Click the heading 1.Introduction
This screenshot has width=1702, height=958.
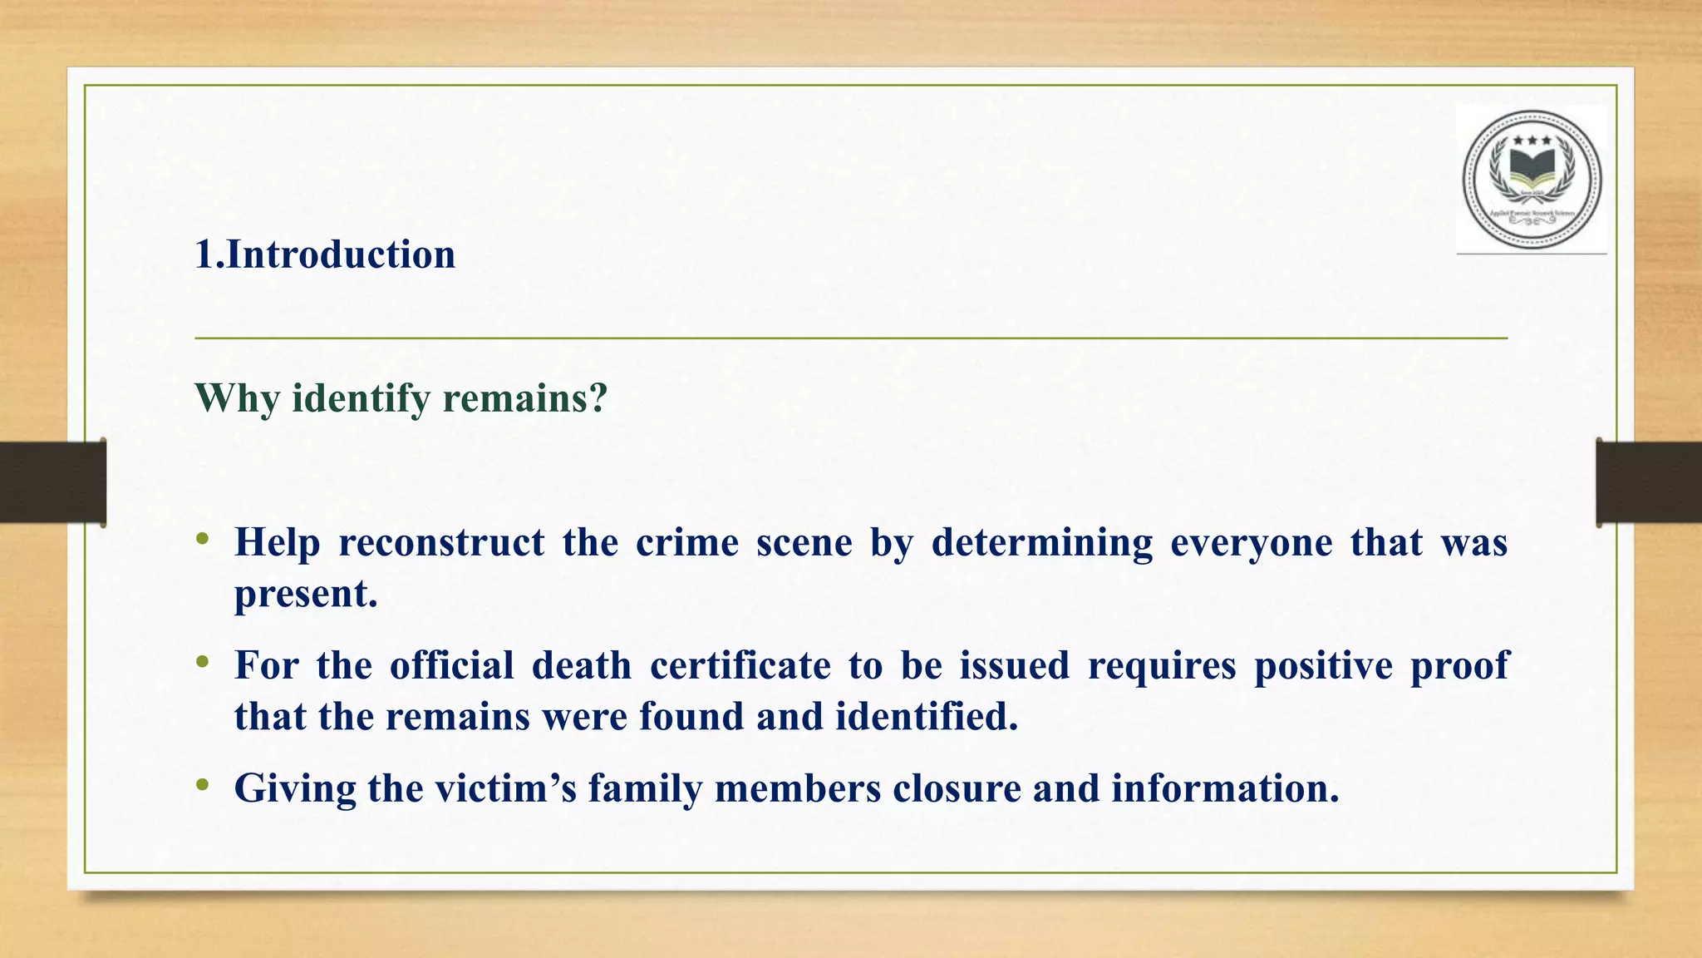325,254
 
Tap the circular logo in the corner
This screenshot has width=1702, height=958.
1532,180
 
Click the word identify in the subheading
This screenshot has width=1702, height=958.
361,398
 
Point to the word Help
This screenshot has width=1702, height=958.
278,543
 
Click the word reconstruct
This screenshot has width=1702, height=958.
441,543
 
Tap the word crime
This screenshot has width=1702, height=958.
687,543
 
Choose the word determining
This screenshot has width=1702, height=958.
1042,543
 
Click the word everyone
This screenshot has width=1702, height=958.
1252,543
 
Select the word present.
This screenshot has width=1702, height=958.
306,594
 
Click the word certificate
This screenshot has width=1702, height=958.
740,665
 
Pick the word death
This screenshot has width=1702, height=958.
582,665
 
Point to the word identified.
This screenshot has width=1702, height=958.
927,716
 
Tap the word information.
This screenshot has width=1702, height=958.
1226,788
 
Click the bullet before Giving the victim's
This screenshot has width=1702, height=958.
203,785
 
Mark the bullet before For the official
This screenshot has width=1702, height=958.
203,663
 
